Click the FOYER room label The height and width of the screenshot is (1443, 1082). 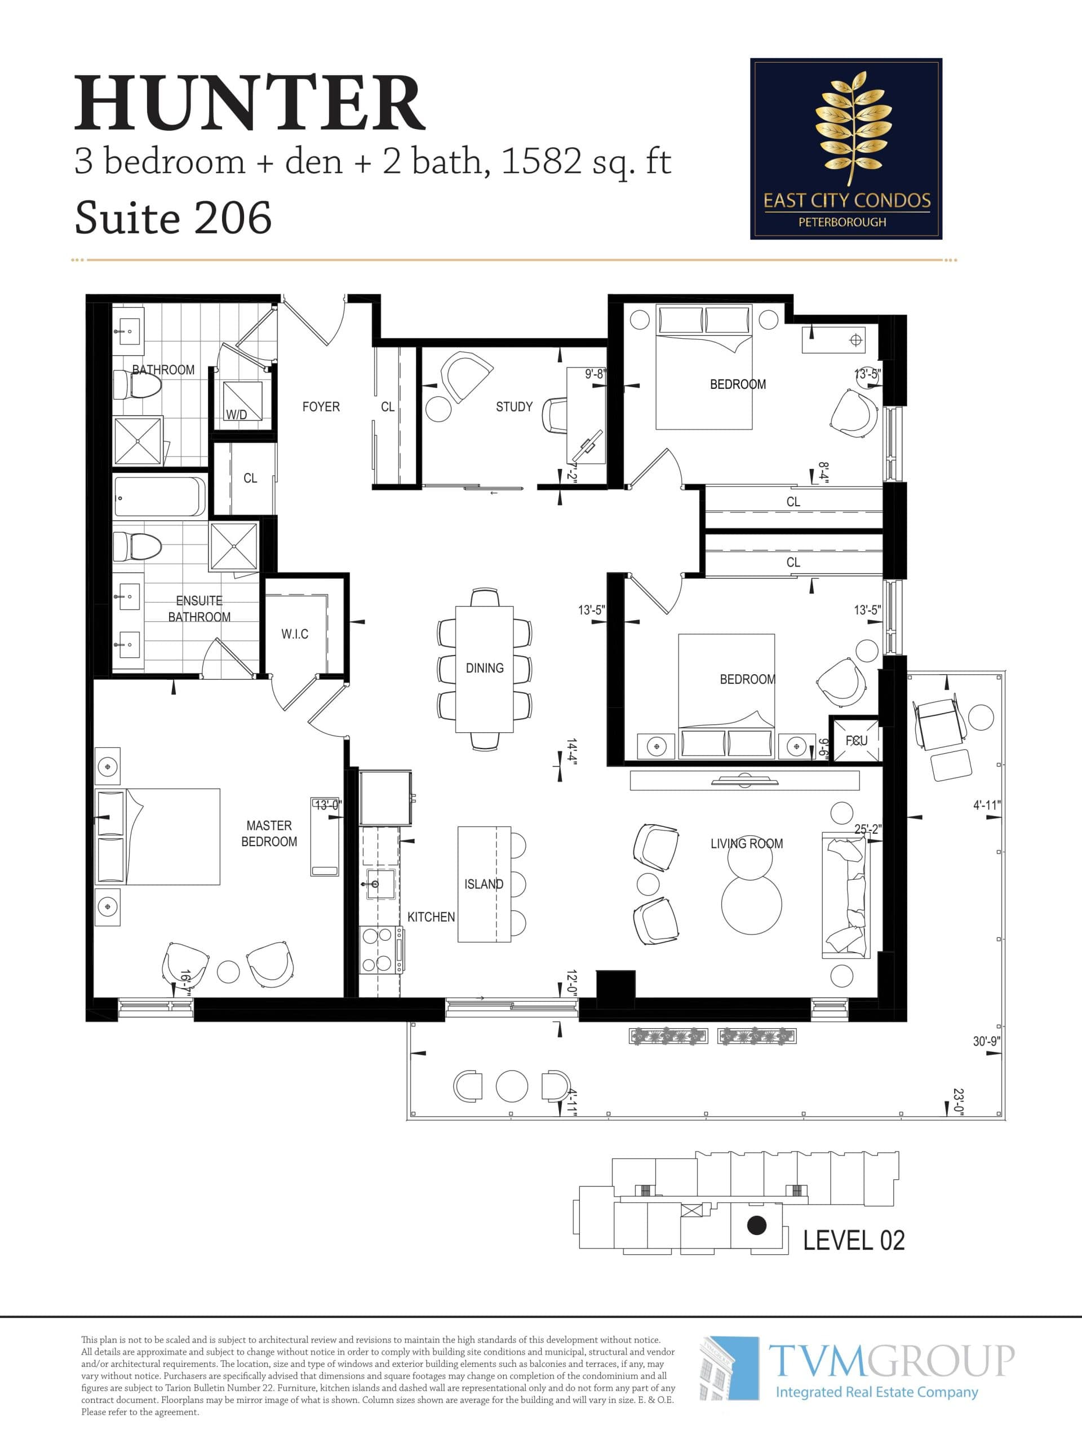[x=321, y=406]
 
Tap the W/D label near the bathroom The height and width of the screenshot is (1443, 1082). [x=236, y=414]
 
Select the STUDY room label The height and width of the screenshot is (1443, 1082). [x=514, y=406]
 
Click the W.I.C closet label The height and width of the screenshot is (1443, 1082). [x=295, y=634]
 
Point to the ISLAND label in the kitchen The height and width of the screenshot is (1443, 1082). [x=484, y=884]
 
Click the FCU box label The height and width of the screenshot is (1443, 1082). [x=857, y=741]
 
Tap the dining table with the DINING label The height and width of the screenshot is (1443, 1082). [x=485, y=669]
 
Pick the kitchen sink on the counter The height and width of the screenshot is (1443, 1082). [x=380, y=884]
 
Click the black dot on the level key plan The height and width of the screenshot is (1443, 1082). [x=756, y=1225]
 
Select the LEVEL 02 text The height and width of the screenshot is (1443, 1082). [x=853, y=1240]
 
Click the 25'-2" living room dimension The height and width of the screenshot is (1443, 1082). [x=867, y=829]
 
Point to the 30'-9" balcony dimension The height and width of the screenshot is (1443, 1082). [x=986, y=1041]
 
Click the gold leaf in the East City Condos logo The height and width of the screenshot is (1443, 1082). [x=853, y=128]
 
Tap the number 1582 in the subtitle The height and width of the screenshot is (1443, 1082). [x=540, y=161]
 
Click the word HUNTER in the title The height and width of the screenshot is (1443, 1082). [x=250, y=104]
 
